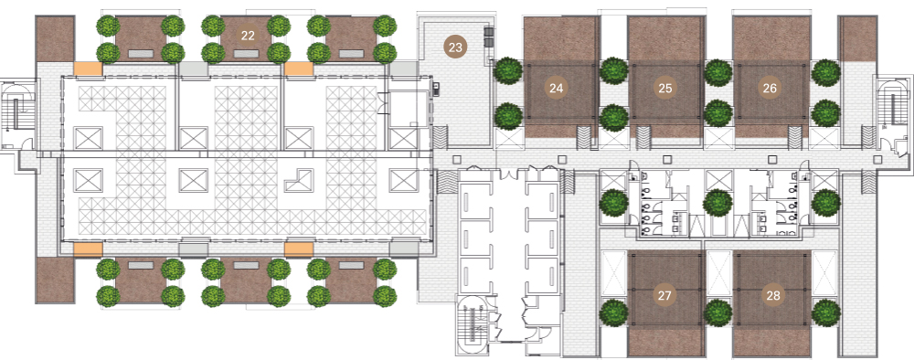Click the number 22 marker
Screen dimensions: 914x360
click(x=248, y=36)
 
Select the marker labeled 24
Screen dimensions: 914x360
click(x=556, y=88)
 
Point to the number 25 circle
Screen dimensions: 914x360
click(x=665, y=88)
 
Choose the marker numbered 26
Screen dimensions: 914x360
click(x=770, y=88)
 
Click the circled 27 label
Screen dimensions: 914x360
click(x=664, y=295)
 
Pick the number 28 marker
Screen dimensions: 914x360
click(x=773, y=295)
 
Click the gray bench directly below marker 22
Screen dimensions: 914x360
click(x=246, y=54)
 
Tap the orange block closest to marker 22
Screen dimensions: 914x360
click(x=299, y=69)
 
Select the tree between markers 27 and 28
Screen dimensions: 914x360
click(x=717, y=312)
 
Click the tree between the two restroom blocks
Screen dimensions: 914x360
click(x=717, y=204)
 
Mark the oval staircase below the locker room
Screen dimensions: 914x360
click(x=473, y=326)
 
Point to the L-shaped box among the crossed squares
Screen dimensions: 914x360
click(x=298, y=180)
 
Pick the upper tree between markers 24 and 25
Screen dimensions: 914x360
click(x=614, y=71)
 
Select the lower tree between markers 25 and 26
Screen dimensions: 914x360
click(x=717, y=113)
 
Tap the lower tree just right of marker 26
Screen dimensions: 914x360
click(x=825, y=113)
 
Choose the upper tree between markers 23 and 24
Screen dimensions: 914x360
click(x=508, y=71)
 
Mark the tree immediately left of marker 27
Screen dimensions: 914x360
click(x=614, y=312)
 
